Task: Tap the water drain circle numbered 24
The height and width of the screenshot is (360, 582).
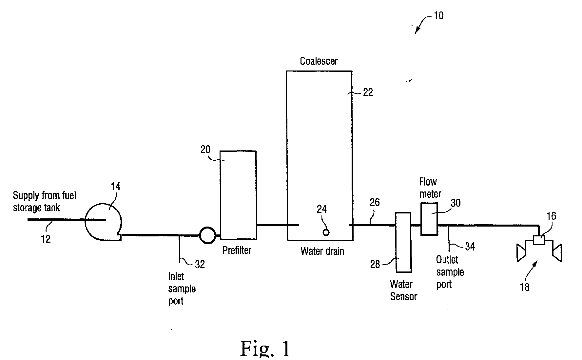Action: pos(326,232)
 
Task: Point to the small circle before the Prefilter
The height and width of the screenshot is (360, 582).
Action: pos(207,235)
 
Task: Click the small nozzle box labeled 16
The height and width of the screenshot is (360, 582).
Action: pos(539,240)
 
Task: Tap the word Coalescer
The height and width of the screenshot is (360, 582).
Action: pos(319,61)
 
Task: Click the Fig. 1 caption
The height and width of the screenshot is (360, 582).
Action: pos(265,348)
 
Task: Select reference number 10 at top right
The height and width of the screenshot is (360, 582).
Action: pos(438,16)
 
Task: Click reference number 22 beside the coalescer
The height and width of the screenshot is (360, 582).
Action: pos(368,92)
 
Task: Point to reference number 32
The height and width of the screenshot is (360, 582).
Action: pos(200,264)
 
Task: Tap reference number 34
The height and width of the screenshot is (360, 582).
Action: pos(470,247)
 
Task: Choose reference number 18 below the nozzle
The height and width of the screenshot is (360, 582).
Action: pos(525,287)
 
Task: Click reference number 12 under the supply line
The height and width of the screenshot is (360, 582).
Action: pos(46,239)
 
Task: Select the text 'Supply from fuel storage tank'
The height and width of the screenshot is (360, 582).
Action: pos(45,202)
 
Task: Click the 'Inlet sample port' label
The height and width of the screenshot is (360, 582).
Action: pos(182,289)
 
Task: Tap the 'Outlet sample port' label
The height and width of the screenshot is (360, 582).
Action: pos(450,272)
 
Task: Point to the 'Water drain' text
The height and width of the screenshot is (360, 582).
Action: pos(322,251)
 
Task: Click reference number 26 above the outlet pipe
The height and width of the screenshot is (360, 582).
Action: pos(375,202)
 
